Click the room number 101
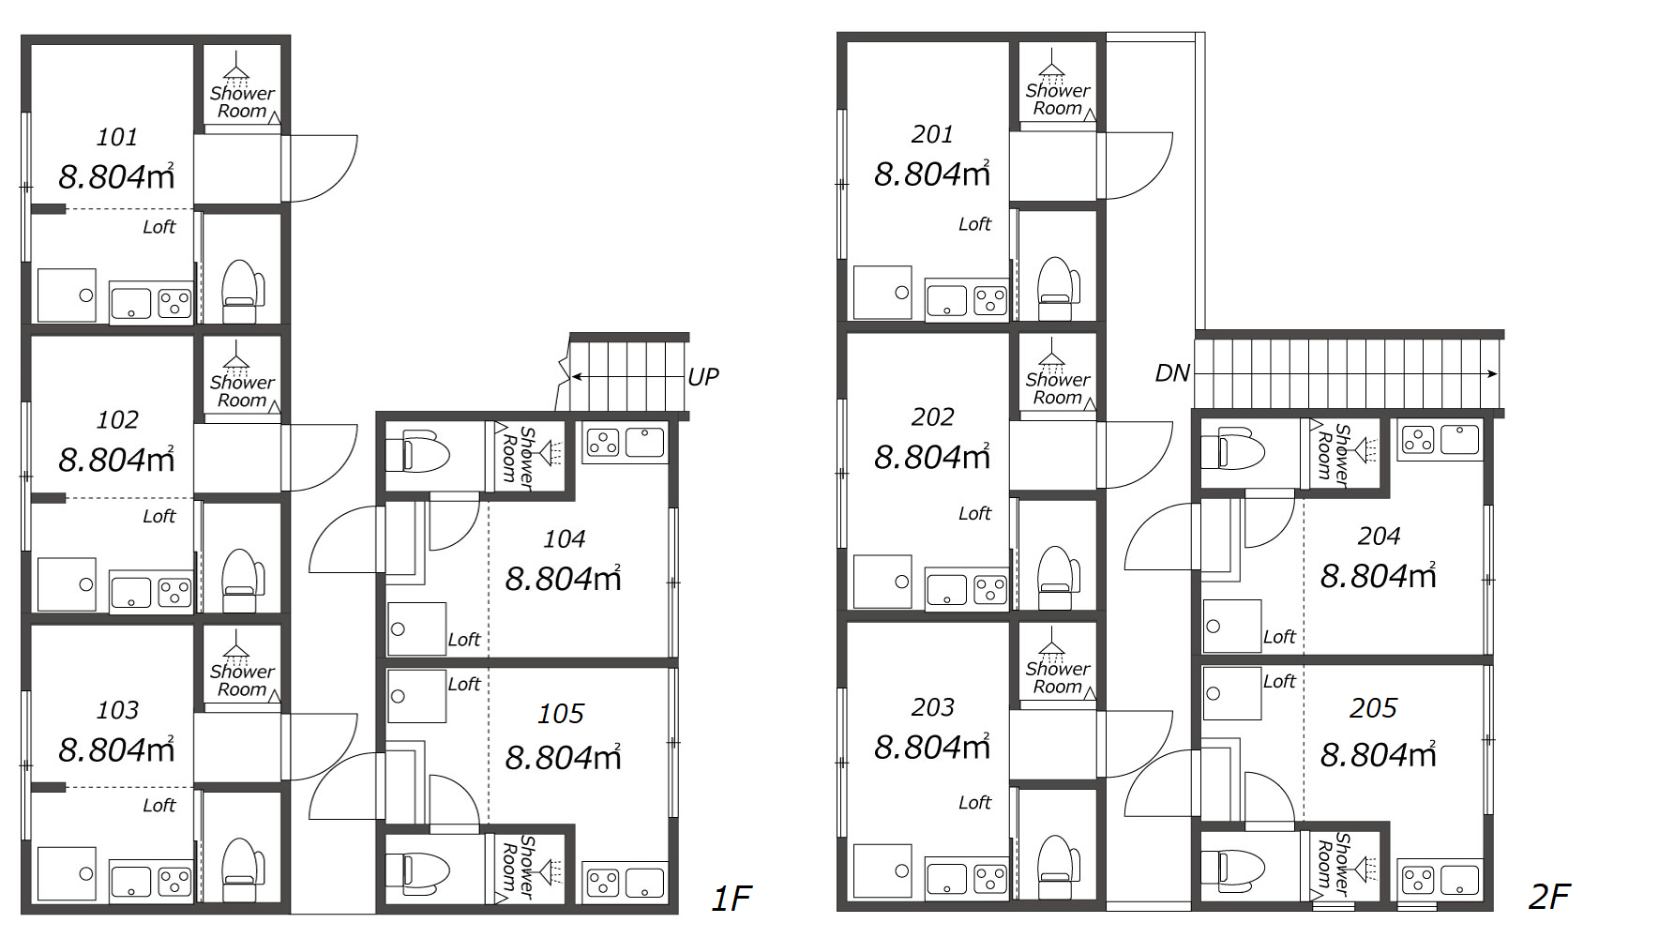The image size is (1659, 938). pyautogui.click(x=117, y=138)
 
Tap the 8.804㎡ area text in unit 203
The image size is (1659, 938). pyautogui.click(x=932, y=747)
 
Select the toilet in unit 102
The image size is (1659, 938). pyautogui.click(x=241, y=579)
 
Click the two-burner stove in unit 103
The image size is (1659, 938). pyautogui.click(x=174, y=881)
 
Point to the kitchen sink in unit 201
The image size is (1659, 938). pyautogui.click(x=946, y=301)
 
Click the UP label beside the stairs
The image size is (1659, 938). pyautogui.click(x=703, y=377)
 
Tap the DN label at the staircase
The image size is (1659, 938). pyautogui.click(x=1172, y=373)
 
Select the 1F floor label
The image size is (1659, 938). pyautogui.click(x=731, y=899)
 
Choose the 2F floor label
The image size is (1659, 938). pyautogui.click(x=1549, y=897)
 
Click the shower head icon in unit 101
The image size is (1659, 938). pyautogui.click(x=236, y=69)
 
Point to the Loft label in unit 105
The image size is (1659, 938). pyautogui.click(x=463, y=684)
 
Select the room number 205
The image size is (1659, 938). pyautogui.click(x=1373, y=708)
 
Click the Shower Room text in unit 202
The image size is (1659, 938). pyautogui.click(x=1058, y=388)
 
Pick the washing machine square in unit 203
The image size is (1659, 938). pyautogui.click(x=882, y=870)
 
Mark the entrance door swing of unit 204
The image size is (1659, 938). pyautogui.click(x=1162, y=537)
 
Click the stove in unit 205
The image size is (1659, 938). pyautogui.click(x=1417, y=880)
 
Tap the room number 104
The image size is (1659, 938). pyautogui.click(x=564, y=539)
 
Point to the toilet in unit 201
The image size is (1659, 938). pyautogui.click(x=1057, y=288)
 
